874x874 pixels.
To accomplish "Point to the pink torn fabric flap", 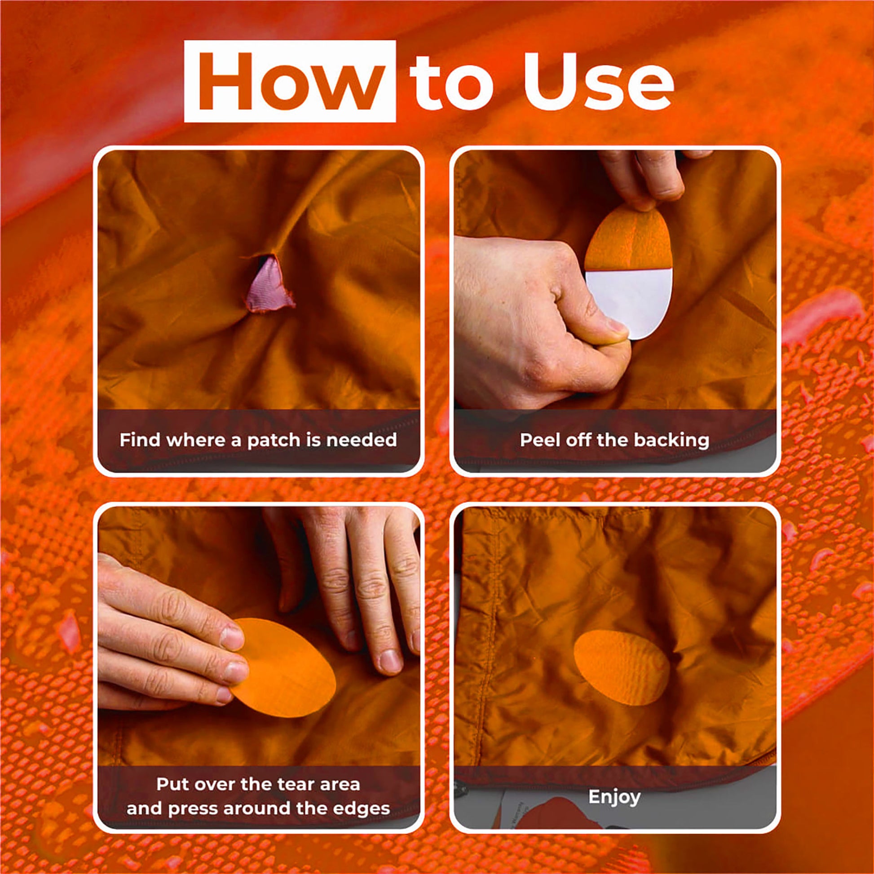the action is (269, 284).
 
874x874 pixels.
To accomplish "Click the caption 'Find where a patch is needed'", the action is (258, 440).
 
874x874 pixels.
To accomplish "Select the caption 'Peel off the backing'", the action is (614, 440).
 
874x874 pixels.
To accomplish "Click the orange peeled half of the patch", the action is (629, 242).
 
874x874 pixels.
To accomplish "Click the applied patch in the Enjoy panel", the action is (622, 668).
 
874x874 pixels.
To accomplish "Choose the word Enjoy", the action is (614, 797).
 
